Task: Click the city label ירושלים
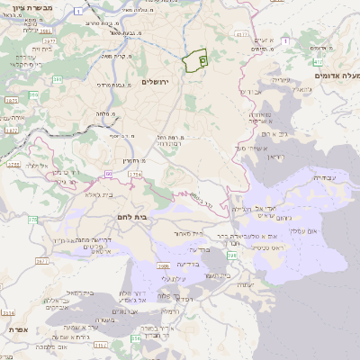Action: coord(162,81)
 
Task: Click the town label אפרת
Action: coord(15,329)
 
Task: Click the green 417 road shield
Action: coord(241,34)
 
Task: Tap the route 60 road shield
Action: coord(107,173)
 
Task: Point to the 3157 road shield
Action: coord(99,344)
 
